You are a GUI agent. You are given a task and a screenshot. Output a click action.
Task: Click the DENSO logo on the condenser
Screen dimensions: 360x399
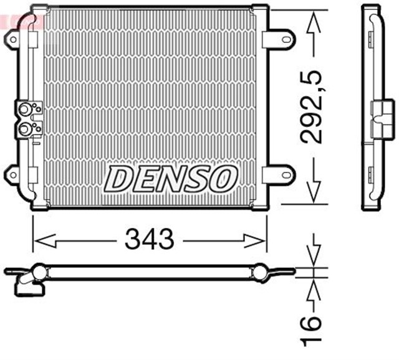tap(170, 179)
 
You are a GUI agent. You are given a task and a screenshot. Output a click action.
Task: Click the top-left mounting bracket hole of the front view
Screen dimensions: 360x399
tap(12, 40)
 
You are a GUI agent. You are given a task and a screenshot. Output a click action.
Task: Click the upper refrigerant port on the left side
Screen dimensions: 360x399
tap(26, 111)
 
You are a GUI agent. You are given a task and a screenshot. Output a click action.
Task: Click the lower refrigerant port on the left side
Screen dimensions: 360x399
tap(26, 129)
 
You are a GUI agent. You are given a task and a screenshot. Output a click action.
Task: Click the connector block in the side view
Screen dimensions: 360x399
tap(379, 118)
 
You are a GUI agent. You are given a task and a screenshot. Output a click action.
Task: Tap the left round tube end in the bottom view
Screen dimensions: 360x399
tap(39, 272)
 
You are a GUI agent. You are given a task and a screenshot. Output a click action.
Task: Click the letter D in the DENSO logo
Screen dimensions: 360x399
tap(118, 179)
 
